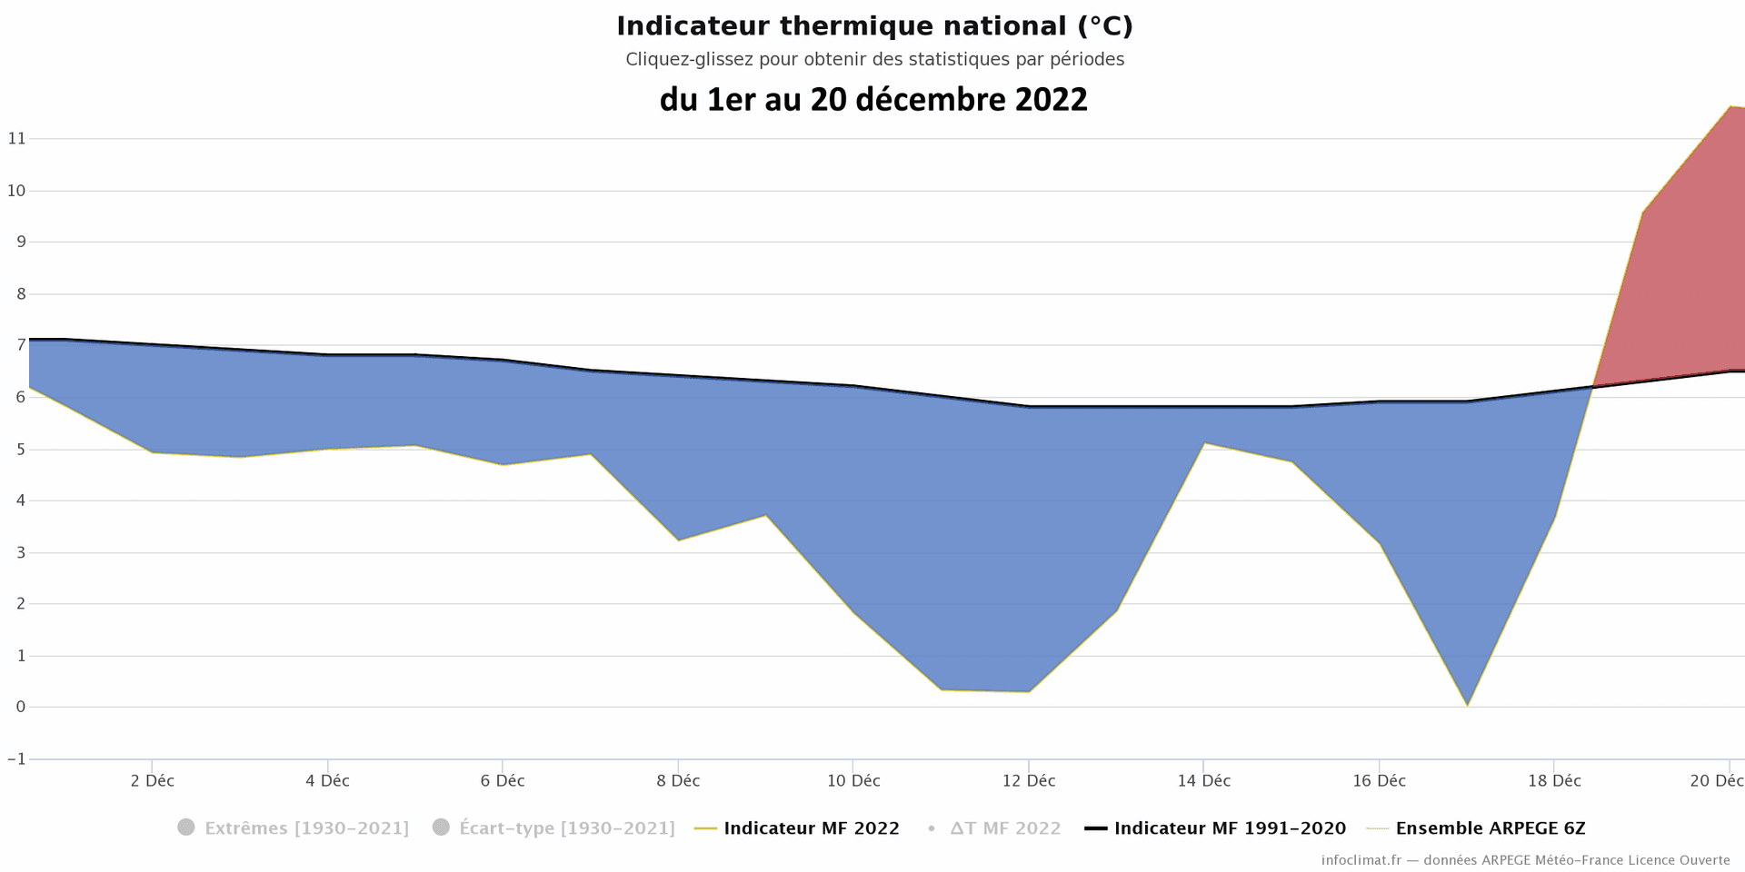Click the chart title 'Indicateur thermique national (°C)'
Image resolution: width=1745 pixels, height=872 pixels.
874,26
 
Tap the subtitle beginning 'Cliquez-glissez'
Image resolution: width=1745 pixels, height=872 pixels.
874,60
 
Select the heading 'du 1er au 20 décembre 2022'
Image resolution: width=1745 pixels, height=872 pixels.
873,99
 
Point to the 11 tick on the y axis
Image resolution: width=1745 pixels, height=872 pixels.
16,139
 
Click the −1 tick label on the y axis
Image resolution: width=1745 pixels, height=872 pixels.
16,759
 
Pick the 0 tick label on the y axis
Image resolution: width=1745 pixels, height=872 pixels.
20,708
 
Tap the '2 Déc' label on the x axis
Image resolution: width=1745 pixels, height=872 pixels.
152,781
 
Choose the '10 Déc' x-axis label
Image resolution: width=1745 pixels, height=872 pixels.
853,781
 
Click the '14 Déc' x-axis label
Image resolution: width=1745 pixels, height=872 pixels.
1203,781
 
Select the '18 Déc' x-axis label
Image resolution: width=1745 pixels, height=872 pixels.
1554,781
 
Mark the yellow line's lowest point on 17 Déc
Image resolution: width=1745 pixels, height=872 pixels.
1467,706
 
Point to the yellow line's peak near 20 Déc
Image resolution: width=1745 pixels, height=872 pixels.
1730,106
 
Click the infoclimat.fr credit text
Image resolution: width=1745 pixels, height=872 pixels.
1525,860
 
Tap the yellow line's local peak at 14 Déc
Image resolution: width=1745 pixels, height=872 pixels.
1203,443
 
